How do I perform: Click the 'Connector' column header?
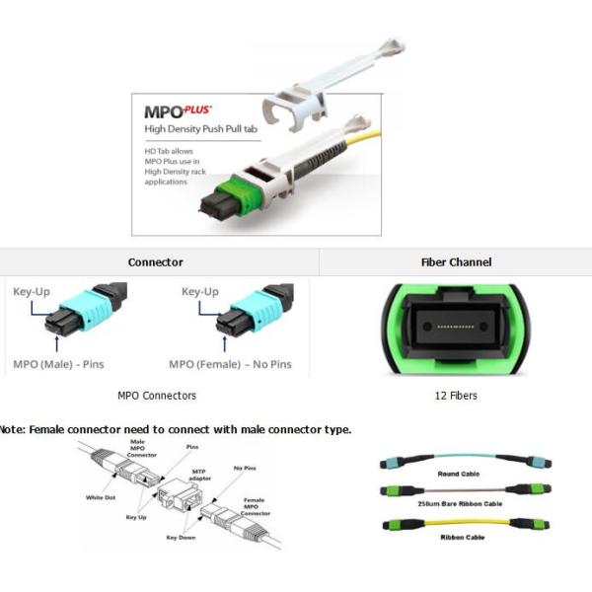[155, 262]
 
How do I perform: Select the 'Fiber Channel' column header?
[456, 262]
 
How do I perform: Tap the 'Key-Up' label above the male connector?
[31, 292]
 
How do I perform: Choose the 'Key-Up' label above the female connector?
[200, 292]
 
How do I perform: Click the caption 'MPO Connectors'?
[156, 396]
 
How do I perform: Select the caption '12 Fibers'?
[456, 396]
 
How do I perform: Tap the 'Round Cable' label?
[457, 474]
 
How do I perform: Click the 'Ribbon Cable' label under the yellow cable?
[457, 537]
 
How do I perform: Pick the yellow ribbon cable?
[457, 523]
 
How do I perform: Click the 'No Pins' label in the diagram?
[244, 469]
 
